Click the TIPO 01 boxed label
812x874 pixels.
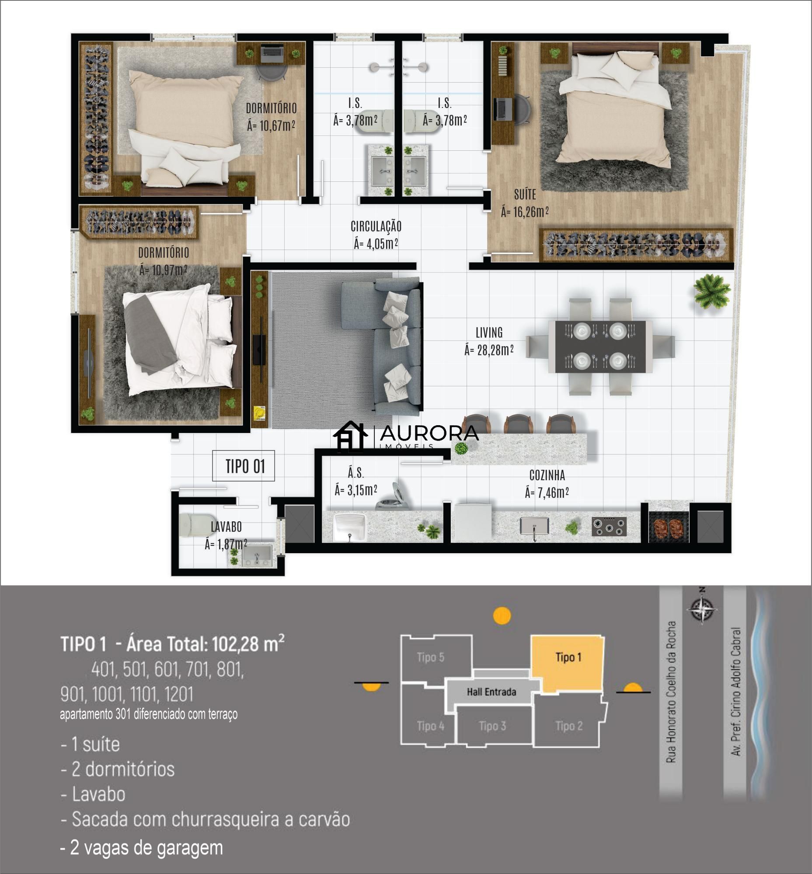244,466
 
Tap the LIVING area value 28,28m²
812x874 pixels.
488,350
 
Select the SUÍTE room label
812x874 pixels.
525,194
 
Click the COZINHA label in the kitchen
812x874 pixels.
547,475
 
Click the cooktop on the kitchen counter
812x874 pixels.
609,527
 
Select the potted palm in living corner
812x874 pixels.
711,291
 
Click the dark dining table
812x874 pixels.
600,347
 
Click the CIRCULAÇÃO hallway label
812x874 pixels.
376,226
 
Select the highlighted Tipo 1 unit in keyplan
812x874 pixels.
568,663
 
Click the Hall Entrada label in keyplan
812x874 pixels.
491,692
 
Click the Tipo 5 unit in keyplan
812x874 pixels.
430,657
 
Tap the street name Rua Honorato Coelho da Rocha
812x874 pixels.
670,691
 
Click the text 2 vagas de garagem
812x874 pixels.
142,848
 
